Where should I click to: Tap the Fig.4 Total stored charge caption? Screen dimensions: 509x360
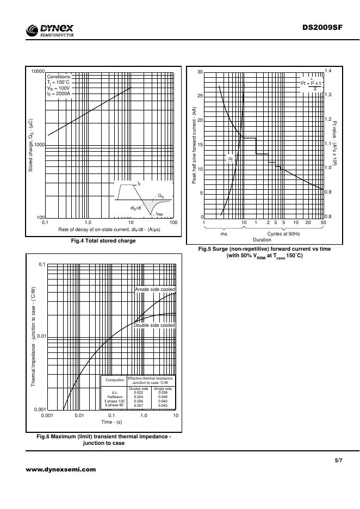point(107,240)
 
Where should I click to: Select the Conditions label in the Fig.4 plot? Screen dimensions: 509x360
point(59,77)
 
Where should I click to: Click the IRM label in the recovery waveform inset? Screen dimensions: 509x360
point(159,214)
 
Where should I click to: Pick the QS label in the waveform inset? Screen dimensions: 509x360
point(161,195)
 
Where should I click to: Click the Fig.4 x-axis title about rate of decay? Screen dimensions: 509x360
point(109,229)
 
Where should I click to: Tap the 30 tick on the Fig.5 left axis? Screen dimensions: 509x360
point(200,72)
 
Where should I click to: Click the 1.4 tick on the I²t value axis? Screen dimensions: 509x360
point(328,71)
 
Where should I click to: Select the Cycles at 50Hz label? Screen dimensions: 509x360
point(283,233)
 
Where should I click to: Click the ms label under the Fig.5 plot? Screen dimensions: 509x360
point(224,233)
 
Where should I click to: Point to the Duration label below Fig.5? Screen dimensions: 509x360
point(262,240)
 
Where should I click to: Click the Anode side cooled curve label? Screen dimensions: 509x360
point(155,289)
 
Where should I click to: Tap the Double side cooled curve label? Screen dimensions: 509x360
point(155,325)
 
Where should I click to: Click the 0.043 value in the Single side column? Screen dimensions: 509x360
point(163,406)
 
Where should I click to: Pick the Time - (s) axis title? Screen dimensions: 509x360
point(111,421)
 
